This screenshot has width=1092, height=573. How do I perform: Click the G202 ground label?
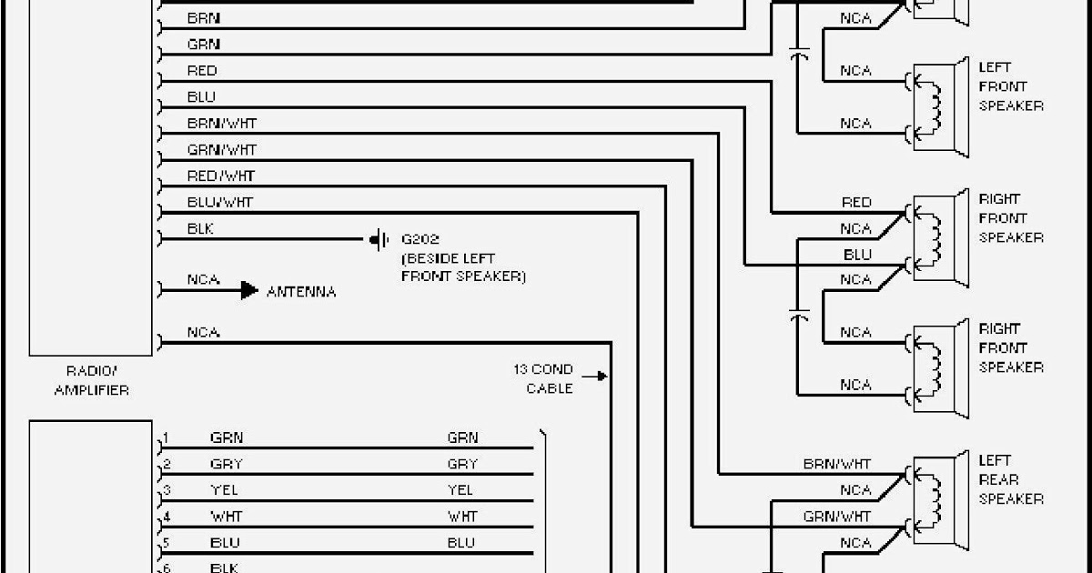point(420,241)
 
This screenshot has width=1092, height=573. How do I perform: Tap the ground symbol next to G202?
point(379,241)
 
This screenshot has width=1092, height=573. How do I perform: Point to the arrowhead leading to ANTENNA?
point(249,291)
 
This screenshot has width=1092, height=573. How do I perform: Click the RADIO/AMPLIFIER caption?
point(91,380)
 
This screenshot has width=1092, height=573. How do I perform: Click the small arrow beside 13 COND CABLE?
point(596,375)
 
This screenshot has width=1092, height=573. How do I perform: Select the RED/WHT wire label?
point(221,176)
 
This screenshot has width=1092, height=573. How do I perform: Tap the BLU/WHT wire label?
point(220,202)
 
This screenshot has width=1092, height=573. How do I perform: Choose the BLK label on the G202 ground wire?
point(200,229)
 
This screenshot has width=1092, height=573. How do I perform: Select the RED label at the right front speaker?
point(856,203)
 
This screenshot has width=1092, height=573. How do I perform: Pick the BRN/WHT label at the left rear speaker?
point(837,464)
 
